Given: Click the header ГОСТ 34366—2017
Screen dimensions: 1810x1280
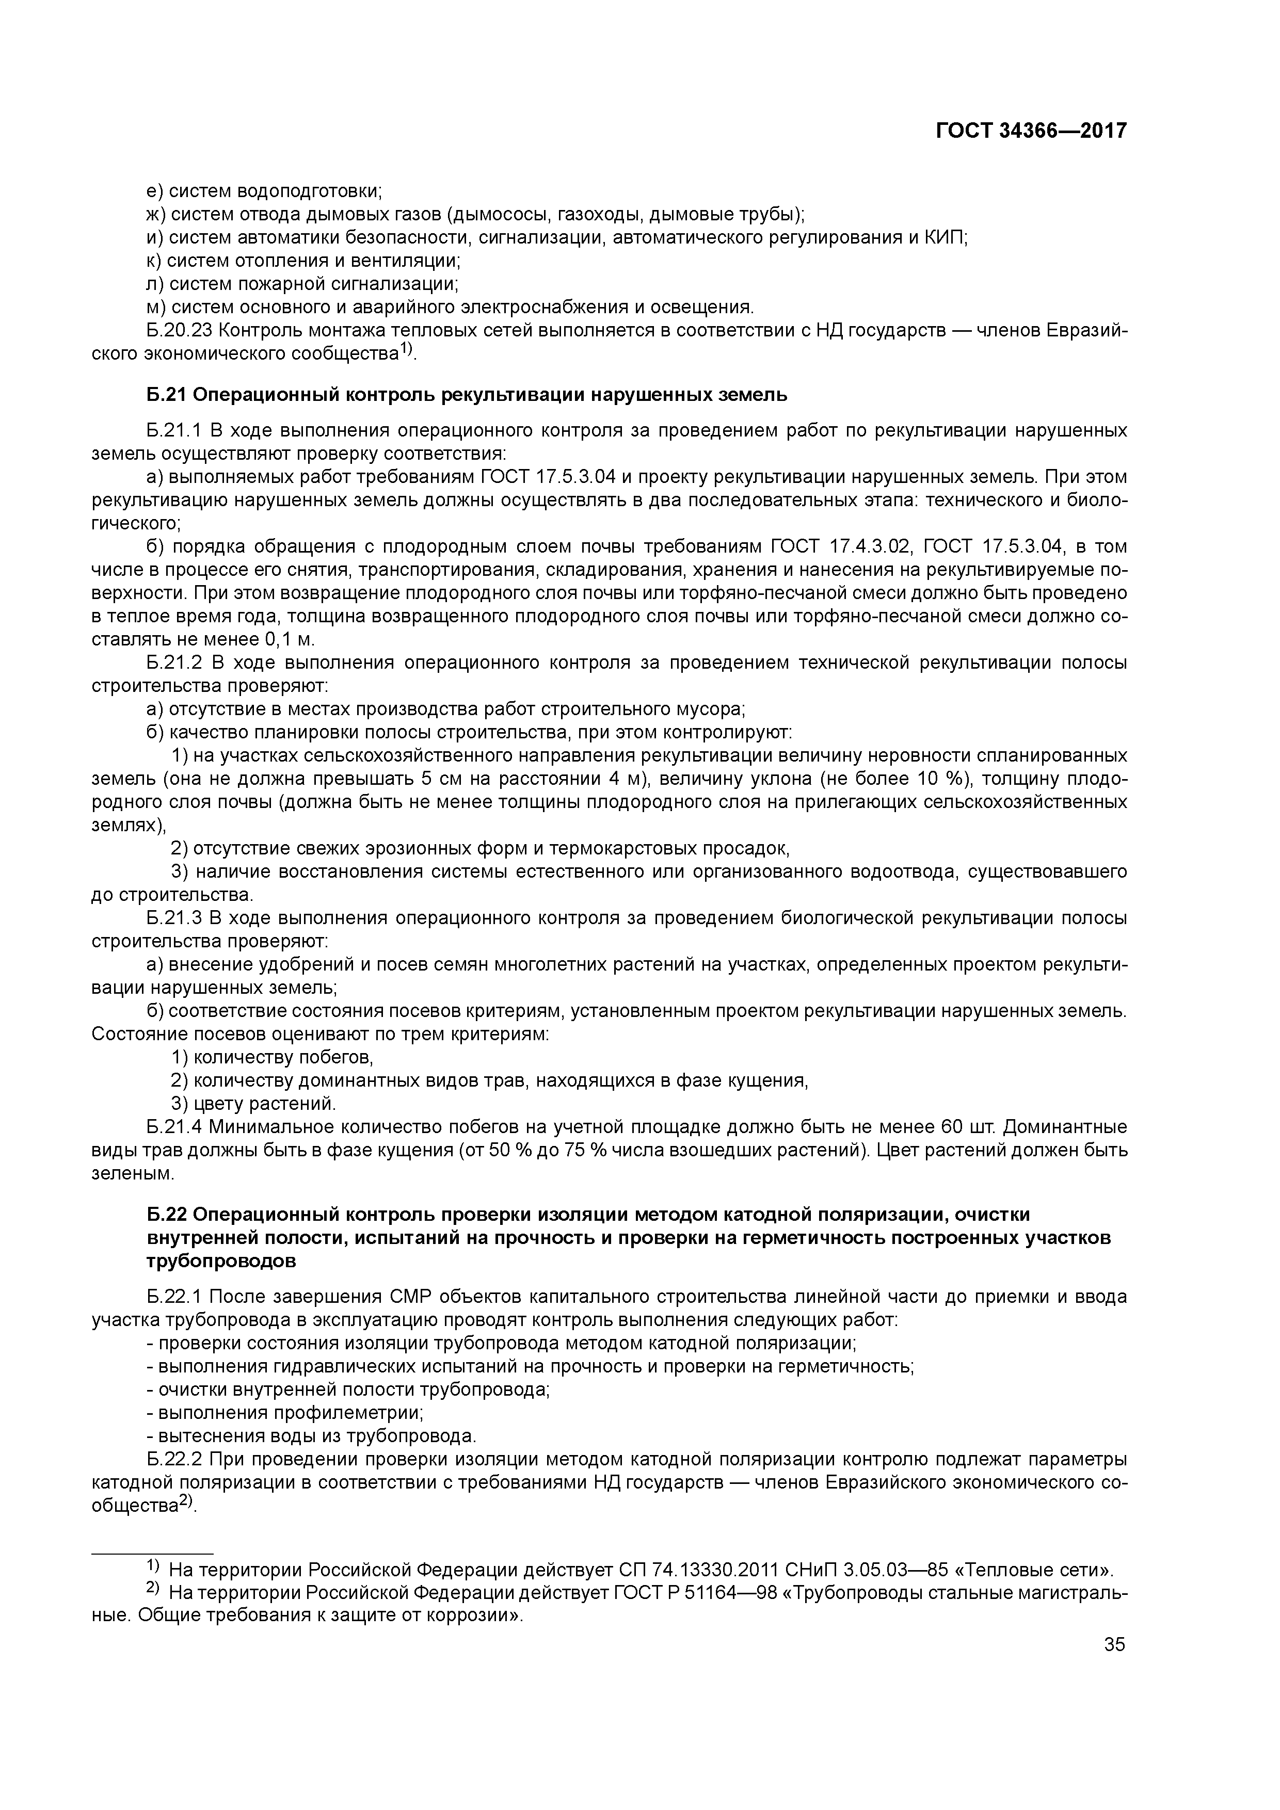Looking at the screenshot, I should [x=1031, y=131].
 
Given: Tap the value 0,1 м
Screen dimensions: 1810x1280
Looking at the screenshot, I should [x=289, y=639].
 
